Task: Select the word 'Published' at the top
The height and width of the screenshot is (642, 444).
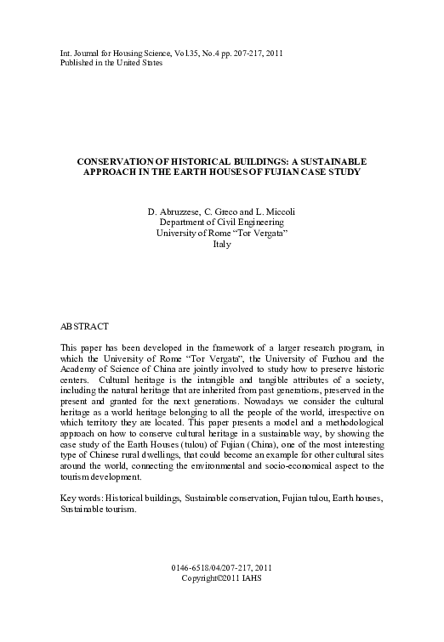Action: click(x=78, y=64)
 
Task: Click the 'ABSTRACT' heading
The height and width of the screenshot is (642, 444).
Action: click(x=85, y=325)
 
